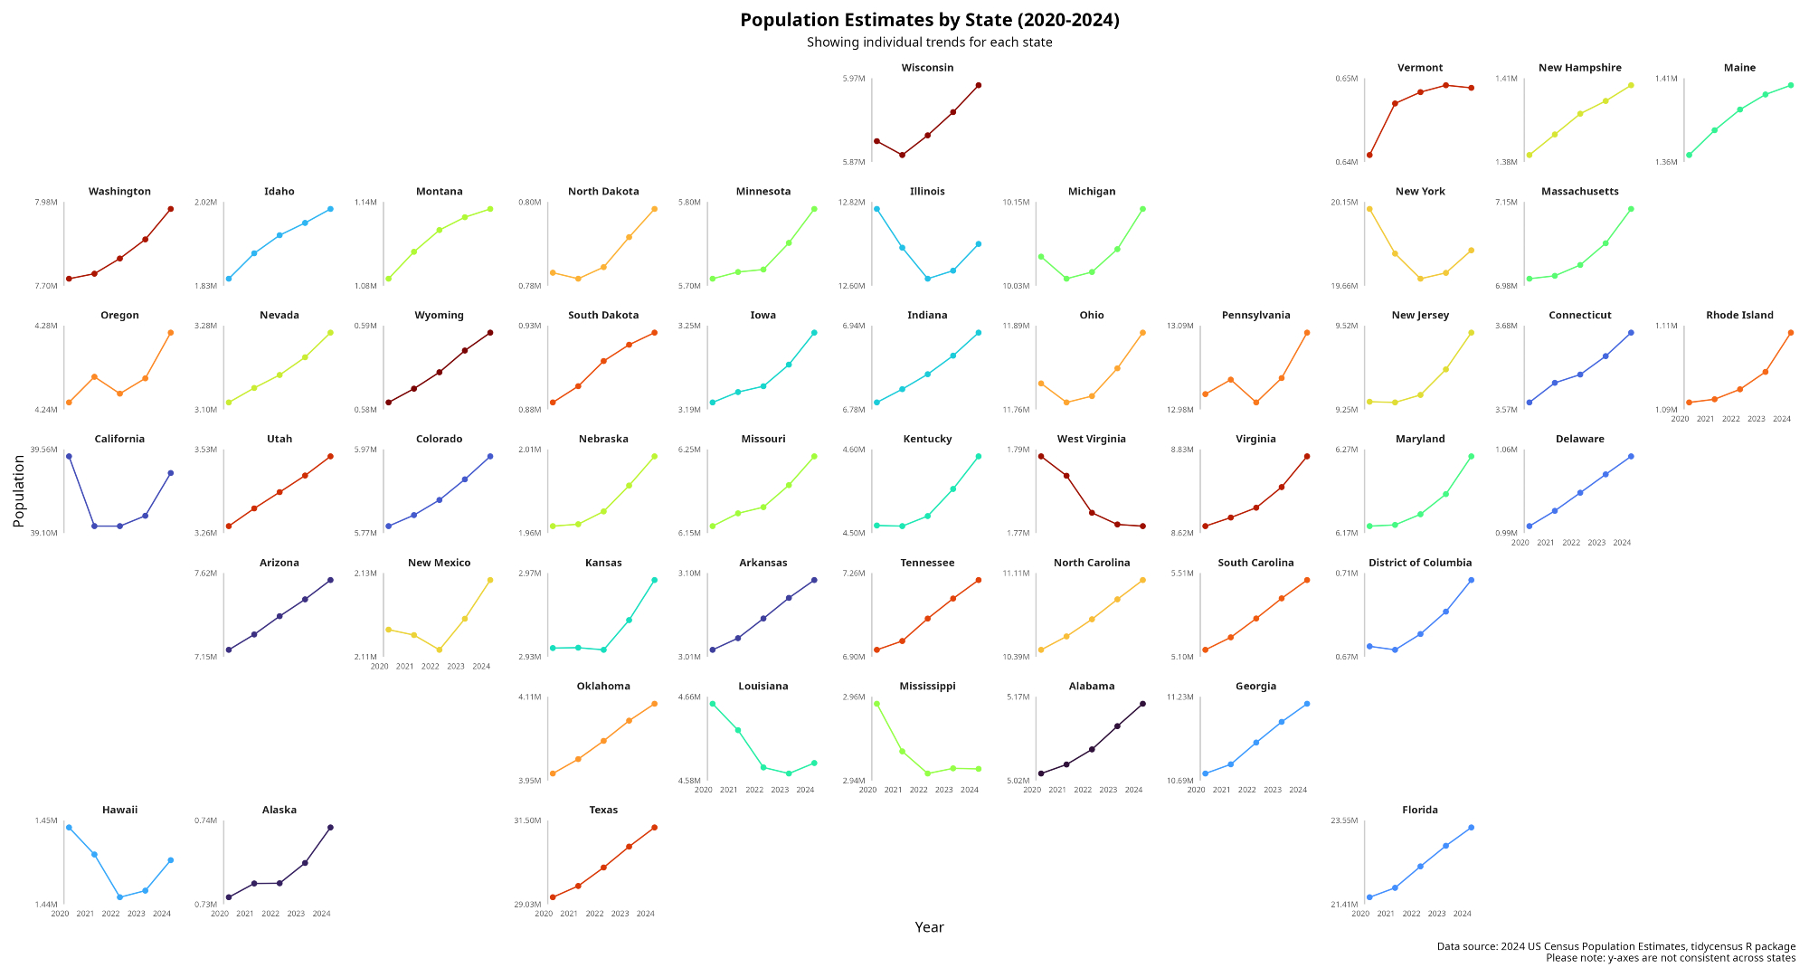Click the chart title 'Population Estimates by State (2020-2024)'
pos(929,20)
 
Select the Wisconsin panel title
pos(927,68)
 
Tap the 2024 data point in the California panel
pos(171,473)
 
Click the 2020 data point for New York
pos(1369,209)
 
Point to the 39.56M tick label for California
pos(43,450)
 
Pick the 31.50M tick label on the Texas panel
pos(527,820)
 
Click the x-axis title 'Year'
pos(929,927)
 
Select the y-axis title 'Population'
pos(19,491)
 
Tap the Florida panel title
pos(1420,810)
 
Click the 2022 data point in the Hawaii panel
pos(119,897)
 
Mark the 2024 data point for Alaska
pos(330,828)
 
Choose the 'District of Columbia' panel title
pos(1420,563)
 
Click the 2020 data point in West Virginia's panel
pos(1041,457)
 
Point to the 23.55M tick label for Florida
pos(1344,820)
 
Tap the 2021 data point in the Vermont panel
pos(1395,103)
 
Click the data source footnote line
pos(1615,946)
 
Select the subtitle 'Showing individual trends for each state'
pos(929,43)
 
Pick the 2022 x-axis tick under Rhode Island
pos(1730,419)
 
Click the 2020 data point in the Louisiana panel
pos(713,704)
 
